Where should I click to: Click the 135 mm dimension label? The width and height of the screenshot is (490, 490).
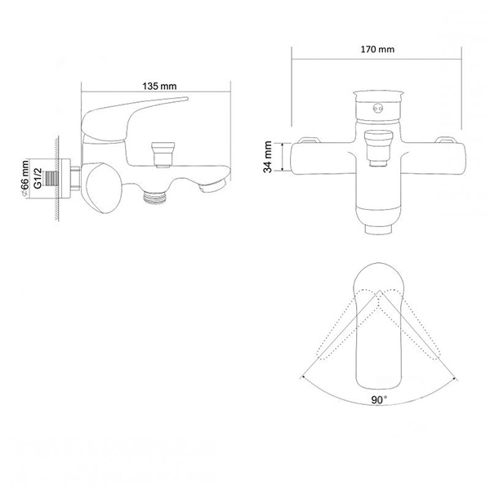tap(160, 86)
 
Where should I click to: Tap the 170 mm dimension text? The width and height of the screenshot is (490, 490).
tap(377, 50)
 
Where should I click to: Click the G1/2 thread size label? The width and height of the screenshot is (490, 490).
tap(38, 176)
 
